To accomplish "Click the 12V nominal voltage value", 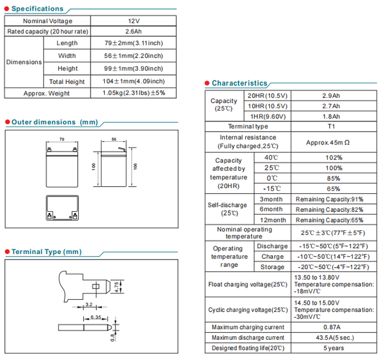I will (x=133, y=21).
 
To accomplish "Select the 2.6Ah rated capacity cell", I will (x=133, y=32).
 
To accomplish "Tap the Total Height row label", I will (x=67, y=82).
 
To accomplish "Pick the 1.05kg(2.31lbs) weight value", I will (x=133, y=93).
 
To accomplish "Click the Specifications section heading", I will (x=37, y=9).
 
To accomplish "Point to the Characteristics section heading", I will (x=239, y=83).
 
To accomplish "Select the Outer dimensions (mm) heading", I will (x=54, y=122).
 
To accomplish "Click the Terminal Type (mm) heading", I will (x=46, y=252).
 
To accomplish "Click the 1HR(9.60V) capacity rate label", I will (x=267, y=117).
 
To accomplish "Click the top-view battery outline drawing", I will (x=62, y=208).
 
